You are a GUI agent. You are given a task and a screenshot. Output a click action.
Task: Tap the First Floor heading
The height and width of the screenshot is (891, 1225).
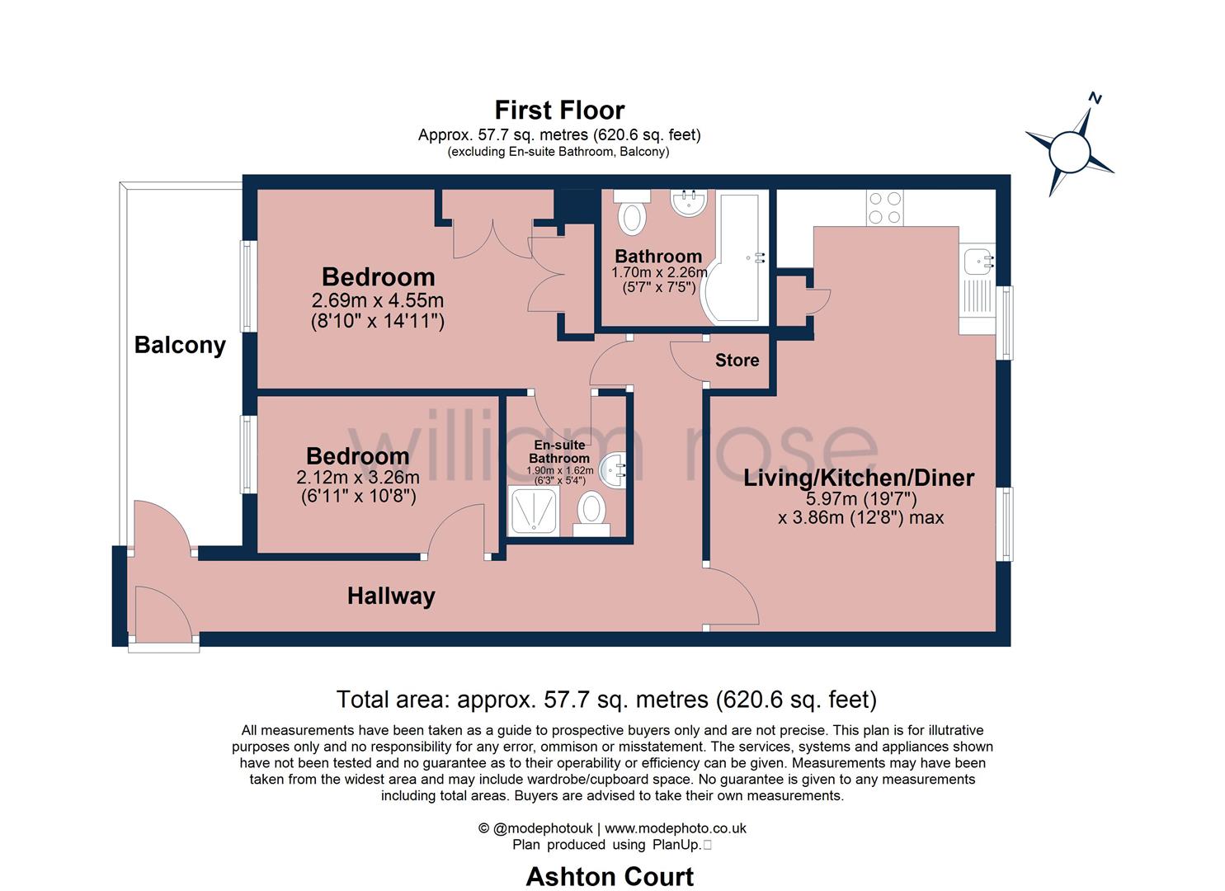point(559,110)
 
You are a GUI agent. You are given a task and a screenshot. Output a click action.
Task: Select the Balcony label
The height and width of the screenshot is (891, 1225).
point(180,344)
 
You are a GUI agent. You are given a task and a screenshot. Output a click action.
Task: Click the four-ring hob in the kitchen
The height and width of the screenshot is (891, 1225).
point(884,208)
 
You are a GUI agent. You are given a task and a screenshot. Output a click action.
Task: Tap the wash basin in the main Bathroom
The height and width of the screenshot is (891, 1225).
point(688,202)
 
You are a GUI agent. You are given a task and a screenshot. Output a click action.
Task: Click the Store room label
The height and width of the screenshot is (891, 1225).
point(737,361)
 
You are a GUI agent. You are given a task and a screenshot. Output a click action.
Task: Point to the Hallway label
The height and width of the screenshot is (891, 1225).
point(391,596)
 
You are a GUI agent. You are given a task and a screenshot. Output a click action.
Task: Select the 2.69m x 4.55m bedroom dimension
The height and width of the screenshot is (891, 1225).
point(378,300)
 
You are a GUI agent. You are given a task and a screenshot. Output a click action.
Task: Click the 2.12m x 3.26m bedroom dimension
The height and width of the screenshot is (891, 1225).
point(358,478)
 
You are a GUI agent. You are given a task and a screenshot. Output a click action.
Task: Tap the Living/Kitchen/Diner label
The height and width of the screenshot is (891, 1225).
point(859,478)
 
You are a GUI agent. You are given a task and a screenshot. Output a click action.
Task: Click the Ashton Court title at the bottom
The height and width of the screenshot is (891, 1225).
point(610,876)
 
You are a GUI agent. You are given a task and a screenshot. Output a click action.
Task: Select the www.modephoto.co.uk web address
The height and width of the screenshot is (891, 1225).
point(675,828)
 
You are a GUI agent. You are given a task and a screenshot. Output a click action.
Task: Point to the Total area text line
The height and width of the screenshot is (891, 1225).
point(606,700)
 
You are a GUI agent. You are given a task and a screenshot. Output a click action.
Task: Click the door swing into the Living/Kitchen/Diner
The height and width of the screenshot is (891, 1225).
point(733,596)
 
